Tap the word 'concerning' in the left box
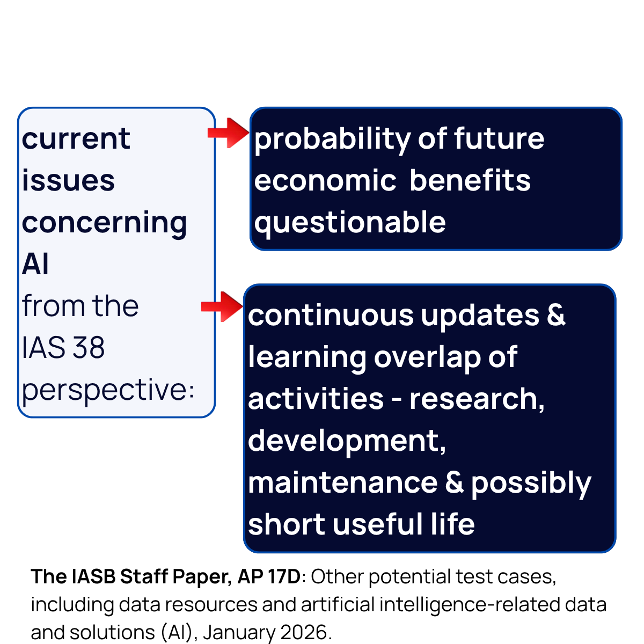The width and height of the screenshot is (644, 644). tap(104, 223)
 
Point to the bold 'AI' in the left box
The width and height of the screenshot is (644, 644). tap(35, 264)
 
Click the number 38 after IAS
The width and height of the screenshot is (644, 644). tap(89, 348)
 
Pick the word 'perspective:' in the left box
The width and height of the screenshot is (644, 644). tap(108, 390)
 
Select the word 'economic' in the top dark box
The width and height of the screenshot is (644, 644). tap(325, 180)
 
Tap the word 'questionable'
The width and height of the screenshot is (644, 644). tap(350, 223)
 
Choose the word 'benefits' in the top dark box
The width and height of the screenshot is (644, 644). tap(470, 180)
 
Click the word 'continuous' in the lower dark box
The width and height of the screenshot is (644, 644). tap(331, 315)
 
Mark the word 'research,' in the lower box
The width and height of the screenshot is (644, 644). tap(477, 399)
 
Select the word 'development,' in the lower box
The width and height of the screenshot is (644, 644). tap(347, 441)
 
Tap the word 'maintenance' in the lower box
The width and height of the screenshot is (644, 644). tap(342, 482)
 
